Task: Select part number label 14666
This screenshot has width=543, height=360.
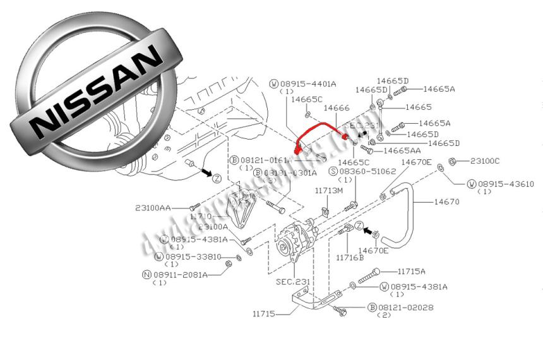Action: point(337,109)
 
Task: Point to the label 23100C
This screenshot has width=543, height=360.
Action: point(485,161)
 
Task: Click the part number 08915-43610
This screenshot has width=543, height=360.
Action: point(505,184)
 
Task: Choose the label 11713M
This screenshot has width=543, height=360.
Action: point(329,190)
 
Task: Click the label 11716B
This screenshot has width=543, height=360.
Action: point(350,257)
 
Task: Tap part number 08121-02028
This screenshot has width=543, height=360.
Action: point(407,308)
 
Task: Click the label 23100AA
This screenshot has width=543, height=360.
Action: point(153,207)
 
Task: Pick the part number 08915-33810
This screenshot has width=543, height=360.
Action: point(193,256)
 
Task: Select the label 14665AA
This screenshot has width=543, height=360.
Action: point(402,151)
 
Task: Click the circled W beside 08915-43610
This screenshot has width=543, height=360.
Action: point(471,184)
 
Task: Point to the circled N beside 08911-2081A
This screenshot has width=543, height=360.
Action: point(146,275)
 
